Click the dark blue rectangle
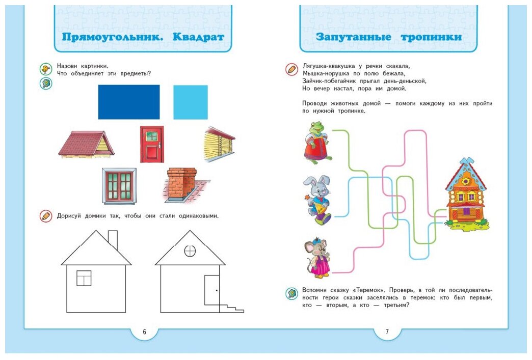[128, 102]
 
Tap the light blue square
[190, 102]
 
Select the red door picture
[152, 144]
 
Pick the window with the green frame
[119, 186]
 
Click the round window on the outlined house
[190, 251]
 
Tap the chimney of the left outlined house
[113, 239]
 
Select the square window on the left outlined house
[84, 278]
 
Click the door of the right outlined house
[211, 290]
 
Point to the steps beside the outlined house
[231, 308]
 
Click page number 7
[387, 332]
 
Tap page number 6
[144, 332]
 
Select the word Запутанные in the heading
[353, 37]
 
